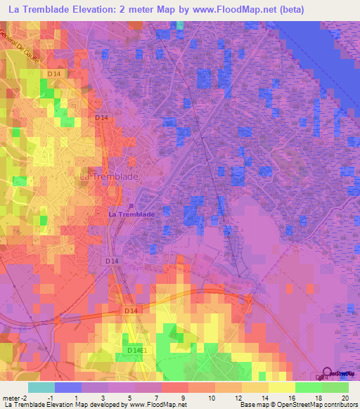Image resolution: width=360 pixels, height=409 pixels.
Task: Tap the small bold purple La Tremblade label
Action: point(131,214)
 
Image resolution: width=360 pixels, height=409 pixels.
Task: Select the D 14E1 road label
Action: point(138,350)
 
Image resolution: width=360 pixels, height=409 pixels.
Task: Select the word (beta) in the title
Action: point(290,8)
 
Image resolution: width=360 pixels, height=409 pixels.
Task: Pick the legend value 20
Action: point(344,398)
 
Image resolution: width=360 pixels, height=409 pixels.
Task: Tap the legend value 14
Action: point(264,398)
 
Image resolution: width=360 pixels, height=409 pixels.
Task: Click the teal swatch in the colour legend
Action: point(41,387)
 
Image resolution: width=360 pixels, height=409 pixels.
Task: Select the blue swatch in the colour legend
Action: point(68,387)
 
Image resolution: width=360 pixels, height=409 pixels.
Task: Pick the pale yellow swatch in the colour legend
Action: point(282,387)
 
